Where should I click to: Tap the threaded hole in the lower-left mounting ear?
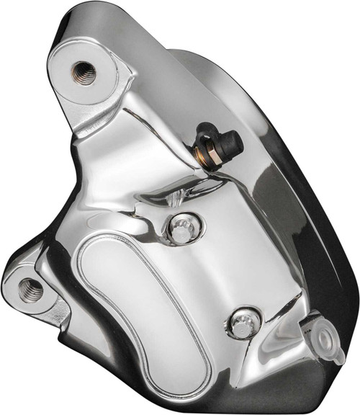pos(32,290)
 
